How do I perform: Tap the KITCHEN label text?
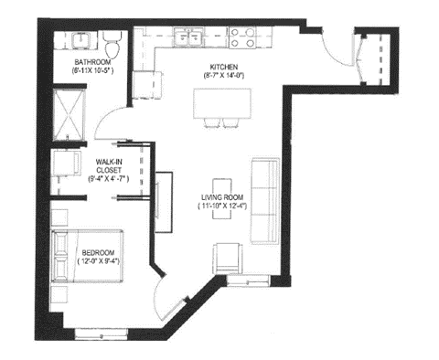(x=224, y=67)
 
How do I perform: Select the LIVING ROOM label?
(x=226, y=197)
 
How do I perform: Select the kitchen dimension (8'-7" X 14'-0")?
(x=224, y=77)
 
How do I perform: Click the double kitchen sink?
(x=192, y=38)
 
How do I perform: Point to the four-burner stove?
(x=242, y=37)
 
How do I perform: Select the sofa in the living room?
(x=266, y=201)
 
